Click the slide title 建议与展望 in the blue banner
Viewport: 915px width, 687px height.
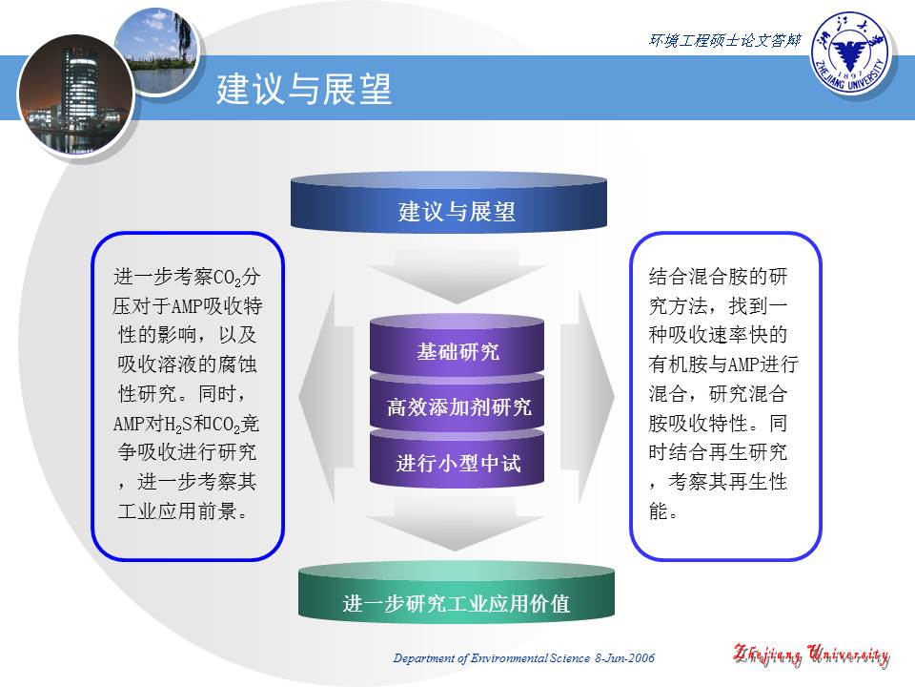pos(304,91)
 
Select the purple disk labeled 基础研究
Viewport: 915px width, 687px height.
pos(457,351)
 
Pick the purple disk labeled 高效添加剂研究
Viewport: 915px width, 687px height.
pos(457,408)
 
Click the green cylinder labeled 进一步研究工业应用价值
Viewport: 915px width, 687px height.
pos(457,601)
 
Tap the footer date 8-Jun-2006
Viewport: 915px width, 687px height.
pos(624,658)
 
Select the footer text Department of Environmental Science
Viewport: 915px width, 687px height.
pos(493,658)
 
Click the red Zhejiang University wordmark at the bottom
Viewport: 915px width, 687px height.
pos(810,656)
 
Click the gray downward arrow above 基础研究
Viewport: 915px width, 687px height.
pos(457,277)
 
